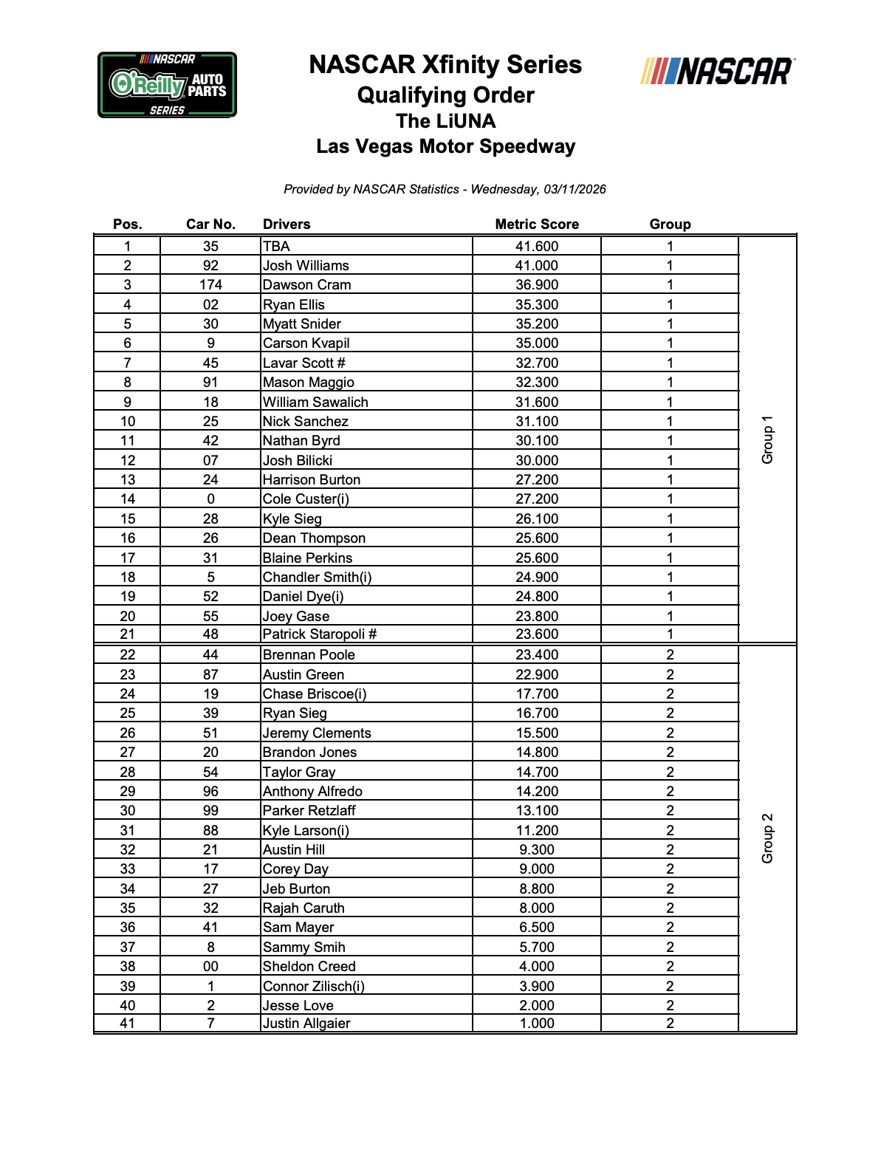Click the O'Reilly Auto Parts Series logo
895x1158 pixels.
167,85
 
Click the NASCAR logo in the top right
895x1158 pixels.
717,72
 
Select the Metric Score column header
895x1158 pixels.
537,225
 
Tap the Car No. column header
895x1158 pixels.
210,225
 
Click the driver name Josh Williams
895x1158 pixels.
306,266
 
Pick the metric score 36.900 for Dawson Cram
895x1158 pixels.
537,285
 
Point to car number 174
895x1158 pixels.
210,285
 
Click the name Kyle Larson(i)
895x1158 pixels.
306,831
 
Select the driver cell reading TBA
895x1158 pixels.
277,247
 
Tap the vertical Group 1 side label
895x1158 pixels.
768,440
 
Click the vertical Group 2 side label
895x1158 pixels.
768,838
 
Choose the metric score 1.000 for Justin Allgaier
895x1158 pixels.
537,1024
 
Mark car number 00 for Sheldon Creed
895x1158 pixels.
210,967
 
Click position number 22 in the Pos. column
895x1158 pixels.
128,655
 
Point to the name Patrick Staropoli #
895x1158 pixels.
320,634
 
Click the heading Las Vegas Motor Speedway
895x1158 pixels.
445,146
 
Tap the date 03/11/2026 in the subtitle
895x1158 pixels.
575,190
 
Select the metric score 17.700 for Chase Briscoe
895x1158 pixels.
537,694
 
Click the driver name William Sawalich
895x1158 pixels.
315,402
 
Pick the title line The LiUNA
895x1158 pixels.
445,121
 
